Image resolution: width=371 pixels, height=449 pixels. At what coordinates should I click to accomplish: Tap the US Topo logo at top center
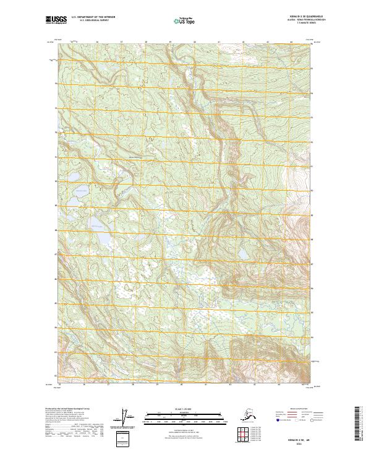tap(185, 20)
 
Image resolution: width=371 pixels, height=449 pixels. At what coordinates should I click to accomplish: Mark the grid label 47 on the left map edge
tap(55, 254)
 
